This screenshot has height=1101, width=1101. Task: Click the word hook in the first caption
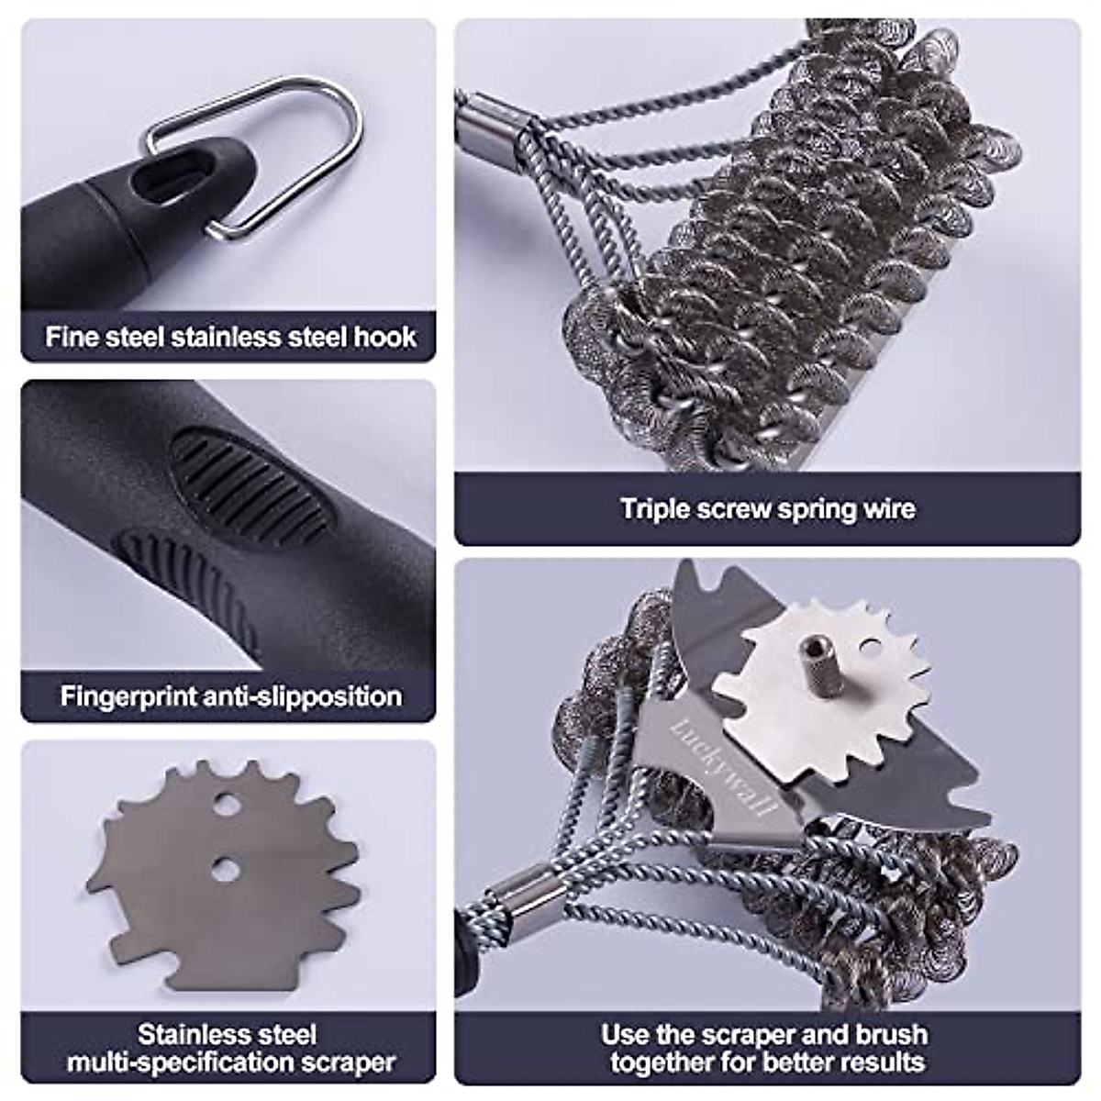[x=384, y=337]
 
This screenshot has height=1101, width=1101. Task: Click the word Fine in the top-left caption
[x=71, y=337]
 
